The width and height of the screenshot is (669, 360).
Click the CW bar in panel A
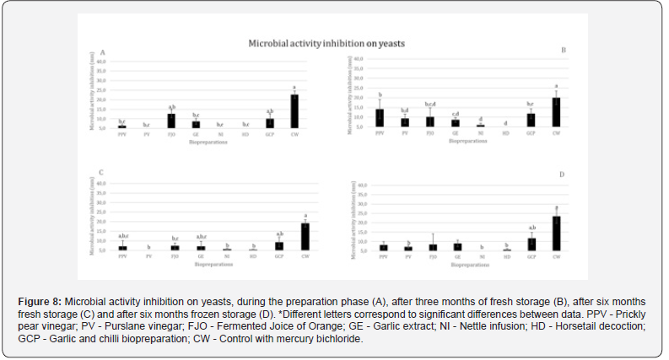pos(294,110)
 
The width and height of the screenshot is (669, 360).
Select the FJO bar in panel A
pos(171,121)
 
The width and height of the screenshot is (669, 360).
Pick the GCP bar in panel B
pos(531,120)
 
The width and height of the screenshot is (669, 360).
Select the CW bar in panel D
pos(556,234)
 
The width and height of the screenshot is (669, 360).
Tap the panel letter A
pos(103,52)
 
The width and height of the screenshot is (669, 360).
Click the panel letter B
pos(564,51)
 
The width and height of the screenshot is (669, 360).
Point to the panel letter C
pos(100,173)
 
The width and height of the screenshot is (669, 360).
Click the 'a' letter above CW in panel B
pos(556,85)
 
